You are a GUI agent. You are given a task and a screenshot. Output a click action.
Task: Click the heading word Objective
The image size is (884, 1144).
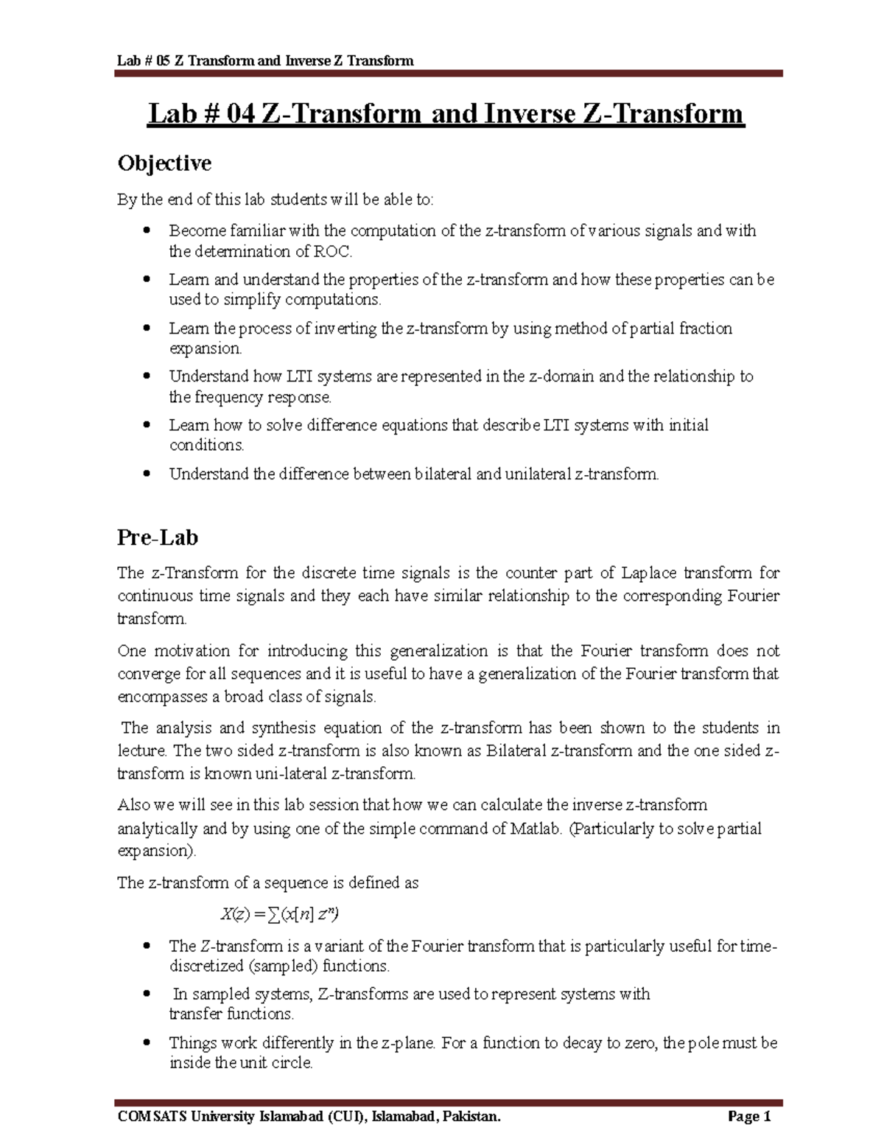[164, 163]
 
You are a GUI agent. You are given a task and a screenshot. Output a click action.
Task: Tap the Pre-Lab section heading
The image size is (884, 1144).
[158, 538]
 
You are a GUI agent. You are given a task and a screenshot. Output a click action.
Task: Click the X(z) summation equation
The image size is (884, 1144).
[279, 914]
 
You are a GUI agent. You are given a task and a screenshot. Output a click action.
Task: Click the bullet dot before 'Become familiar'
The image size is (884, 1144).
[148, 231]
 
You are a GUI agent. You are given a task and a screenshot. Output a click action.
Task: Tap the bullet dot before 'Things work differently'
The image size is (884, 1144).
[148, 1043]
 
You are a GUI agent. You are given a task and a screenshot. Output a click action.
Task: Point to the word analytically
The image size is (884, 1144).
[158, 829]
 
